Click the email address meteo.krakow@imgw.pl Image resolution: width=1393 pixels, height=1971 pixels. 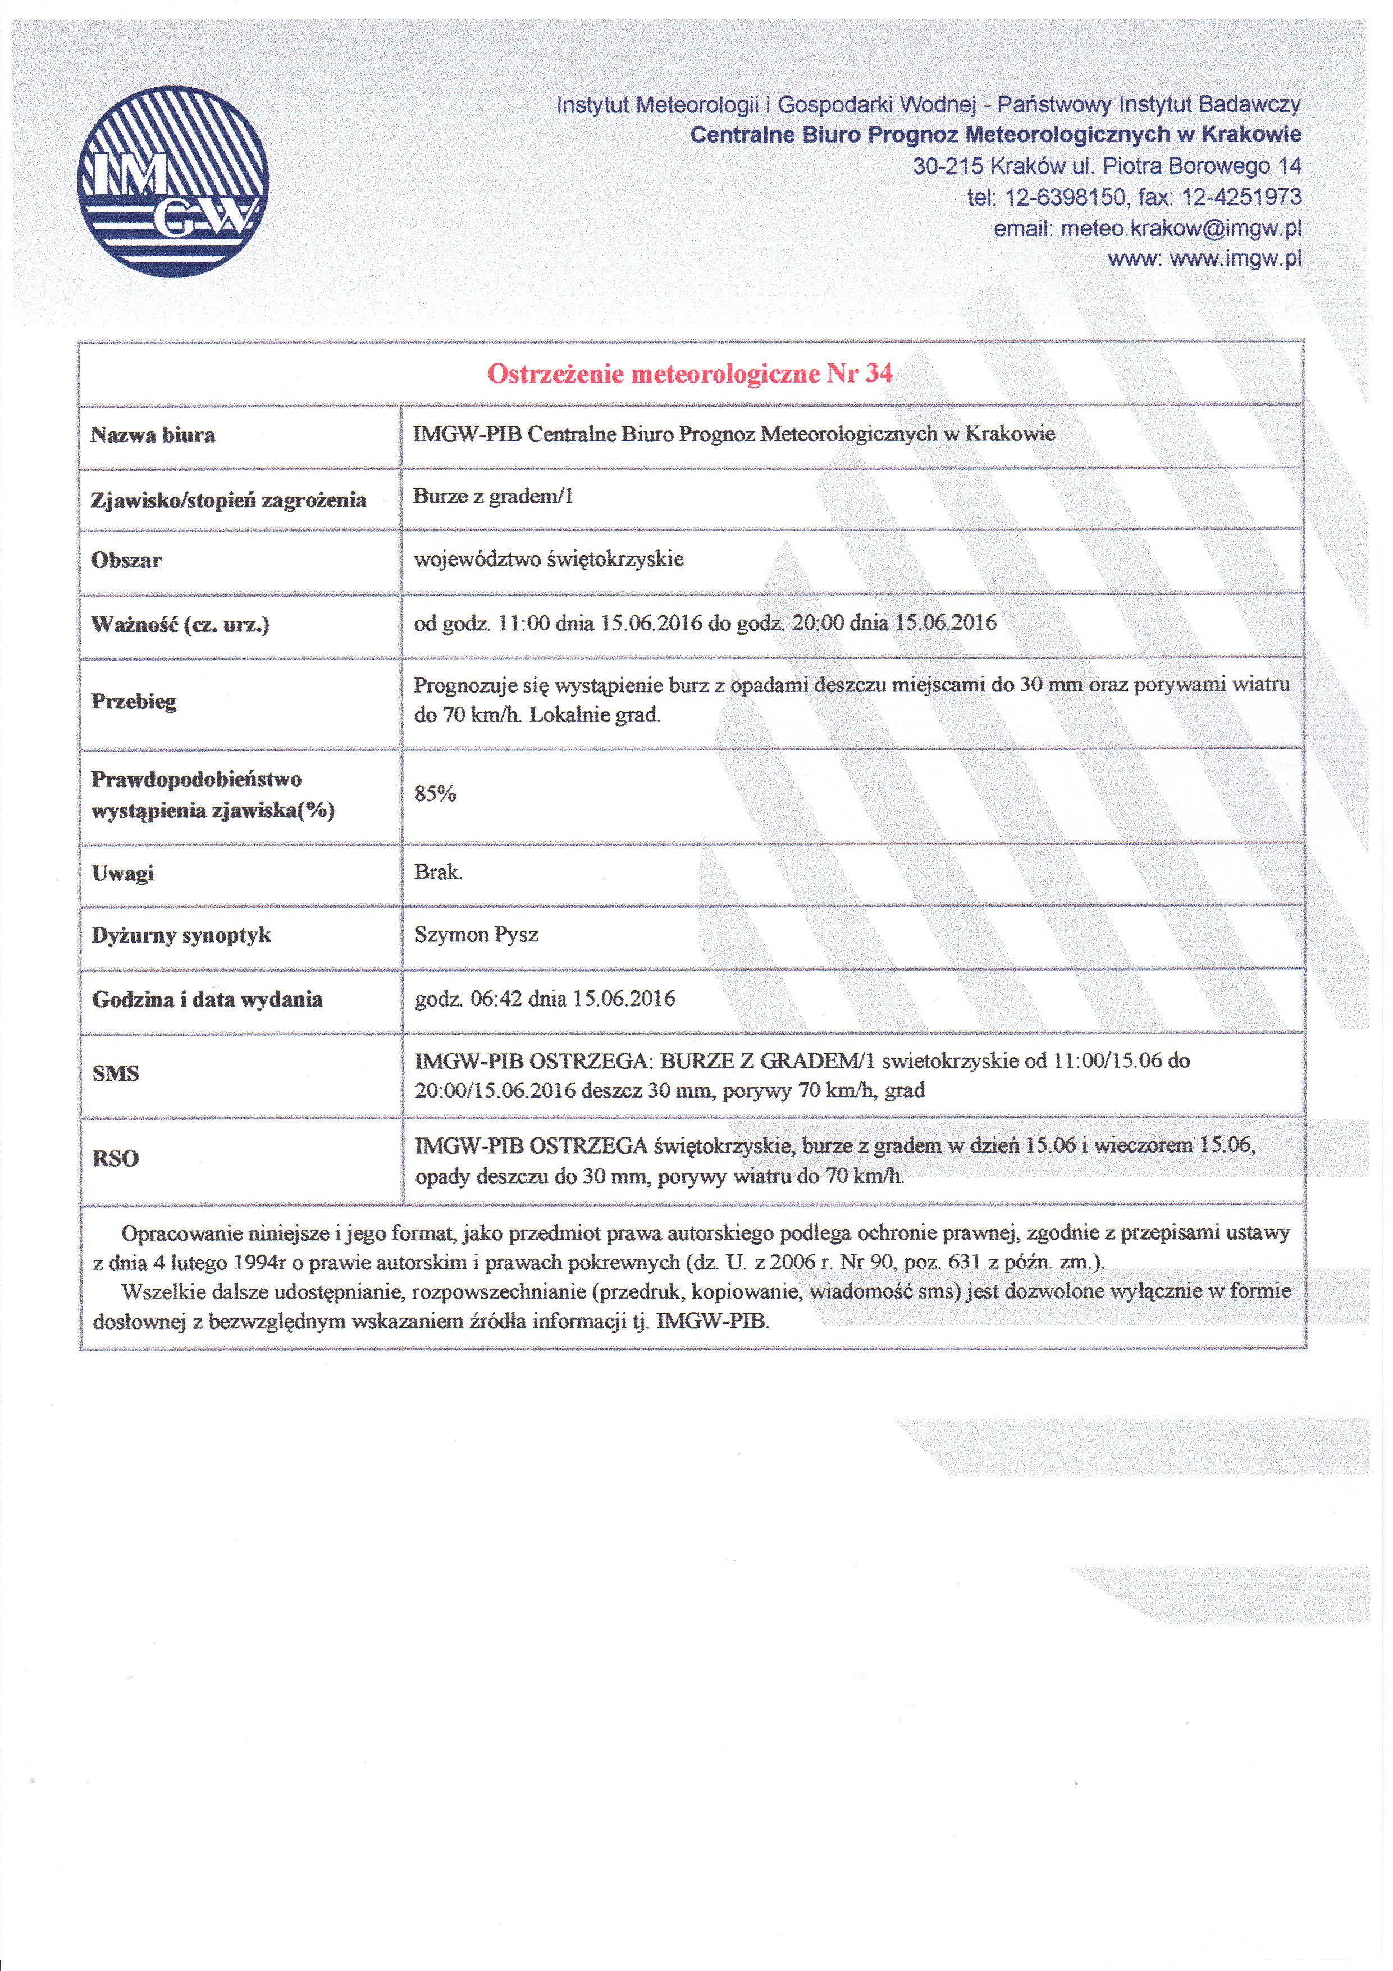point(1181,229)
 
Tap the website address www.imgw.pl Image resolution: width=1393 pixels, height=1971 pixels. point(1236,258)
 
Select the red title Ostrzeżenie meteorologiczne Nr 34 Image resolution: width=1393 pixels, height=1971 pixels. point(690,374)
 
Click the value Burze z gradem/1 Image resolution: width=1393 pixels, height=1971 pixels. point(492,496)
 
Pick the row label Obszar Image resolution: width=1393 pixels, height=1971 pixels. point(126,561)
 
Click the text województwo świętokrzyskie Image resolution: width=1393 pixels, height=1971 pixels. point(549,559)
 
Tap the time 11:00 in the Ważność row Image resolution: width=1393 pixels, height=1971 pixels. point(523,623)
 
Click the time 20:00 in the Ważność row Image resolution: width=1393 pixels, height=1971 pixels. point(818,623)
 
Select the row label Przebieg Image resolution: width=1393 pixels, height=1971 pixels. point(133,702)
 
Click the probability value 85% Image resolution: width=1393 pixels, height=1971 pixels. point(435,794)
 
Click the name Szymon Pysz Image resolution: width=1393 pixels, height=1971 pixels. point(476,935)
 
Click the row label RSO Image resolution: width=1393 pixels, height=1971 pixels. point(116,1159)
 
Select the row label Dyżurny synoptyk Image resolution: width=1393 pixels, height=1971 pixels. point(181,936)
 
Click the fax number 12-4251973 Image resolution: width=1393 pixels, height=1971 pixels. point(1241,198)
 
